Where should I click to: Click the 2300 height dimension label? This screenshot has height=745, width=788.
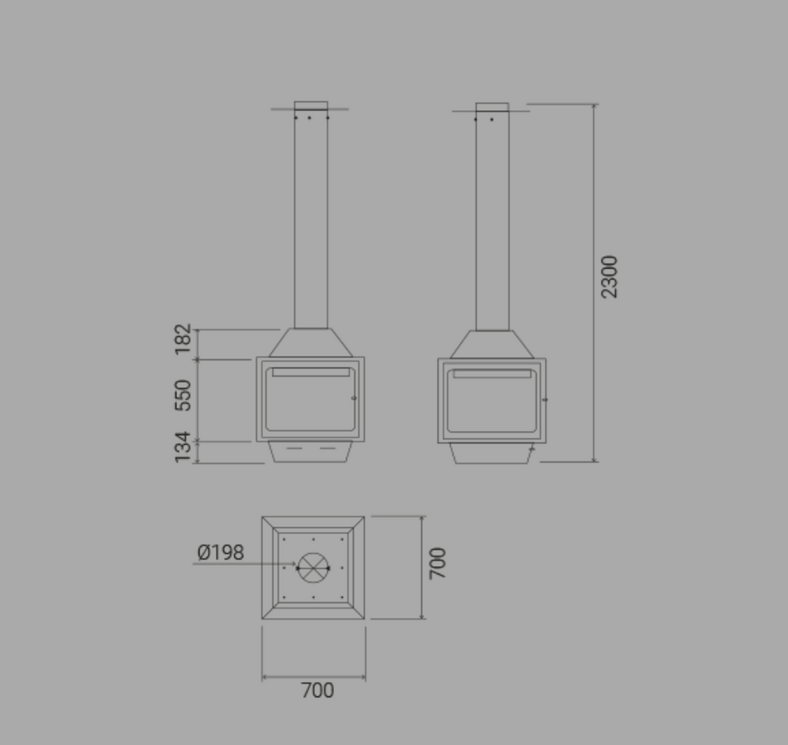click(x=609, y=277)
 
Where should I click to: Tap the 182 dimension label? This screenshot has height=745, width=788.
click(x=183, y=339)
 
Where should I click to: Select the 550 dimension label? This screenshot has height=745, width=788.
click(x=183, y=396)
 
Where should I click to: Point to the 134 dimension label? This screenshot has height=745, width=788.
click(x=183, y=448)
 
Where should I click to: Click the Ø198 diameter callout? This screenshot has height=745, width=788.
click(x=220, y=552)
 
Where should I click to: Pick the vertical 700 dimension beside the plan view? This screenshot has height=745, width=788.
click(x=438, y=563)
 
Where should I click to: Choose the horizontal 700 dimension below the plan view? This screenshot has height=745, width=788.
click(x=318, y=691)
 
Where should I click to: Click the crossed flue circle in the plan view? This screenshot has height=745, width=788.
click(x=313, y=568)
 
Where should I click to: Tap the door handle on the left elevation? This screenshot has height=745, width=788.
click(x=354, y=398)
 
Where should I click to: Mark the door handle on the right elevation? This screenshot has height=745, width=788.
click(x=545, y=400)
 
